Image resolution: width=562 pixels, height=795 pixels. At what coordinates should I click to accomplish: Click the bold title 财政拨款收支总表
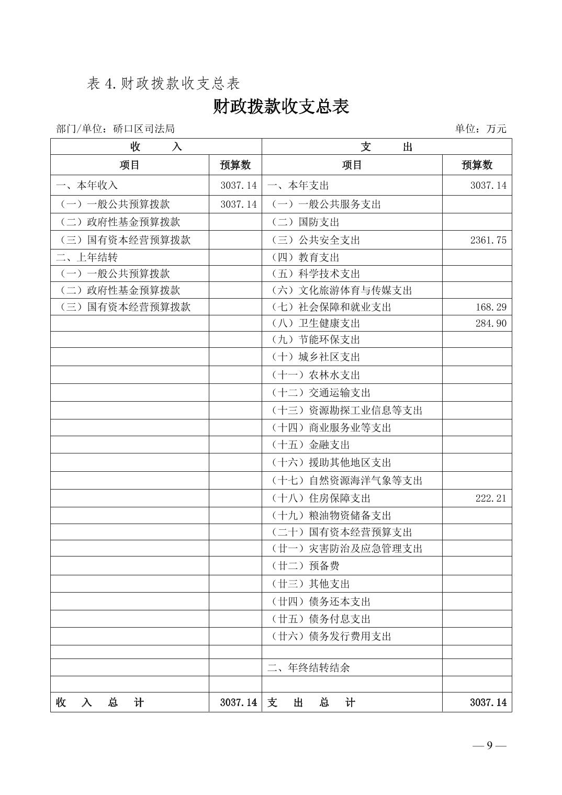[x=281, y=107]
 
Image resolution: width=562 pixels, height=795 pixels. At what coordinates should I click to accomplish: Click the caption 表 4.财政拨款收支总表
[x=163, y=84]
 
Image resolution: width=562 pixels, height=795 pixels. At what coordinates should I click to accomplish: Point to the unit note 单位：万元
[x=480, y=129]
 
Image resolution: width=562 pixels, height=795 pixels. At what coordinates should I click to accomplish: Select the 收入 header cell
[x=156, y=147]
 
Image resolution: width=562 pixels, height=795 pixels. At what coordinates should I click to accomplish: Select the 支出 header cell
[x=386, y=147]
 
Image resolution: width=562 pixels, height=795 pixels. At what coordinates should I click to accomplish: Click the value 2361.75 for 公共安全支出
[x=488, y=240]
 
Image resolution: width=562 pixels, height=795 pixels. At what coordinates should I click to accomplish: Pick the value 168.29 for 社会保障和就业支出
[x=491, y=307]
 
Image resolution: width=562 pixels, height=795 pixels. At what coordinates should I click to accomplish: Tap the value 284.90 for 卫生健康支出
[x=491, y=323]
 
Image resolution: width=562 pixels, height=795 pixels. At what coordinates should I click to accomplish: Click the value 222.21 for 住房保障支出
[x=491, y=498]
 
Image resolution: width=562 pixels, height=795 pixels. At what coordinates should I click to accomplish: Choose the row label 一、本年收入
[x=87, y=185]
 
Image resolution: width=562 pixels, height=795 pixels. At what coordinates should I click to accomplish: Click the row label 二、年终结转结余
[x=309, y=667]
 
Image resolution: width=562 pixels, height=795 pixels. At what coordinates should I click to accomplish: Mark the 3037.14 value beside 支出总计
[x=488, y=702]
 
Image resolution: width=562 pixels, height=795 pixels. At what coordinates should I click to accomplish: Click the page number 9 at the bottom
[x=489, y=745]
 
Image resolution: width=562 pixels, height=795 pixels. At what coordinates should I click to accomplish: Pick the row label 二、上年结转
[x=87, y=257]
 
